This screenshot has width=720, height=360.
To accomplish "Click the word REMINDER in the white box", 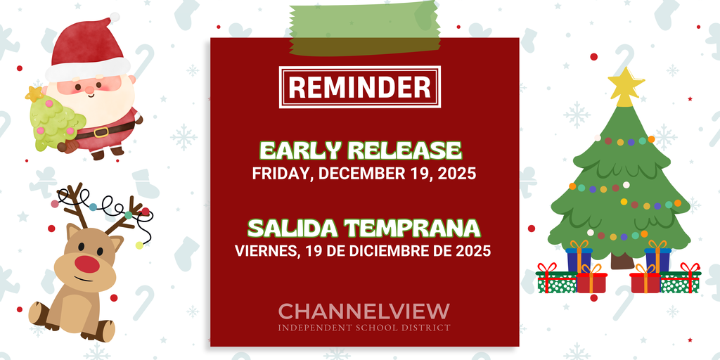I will (360, 87).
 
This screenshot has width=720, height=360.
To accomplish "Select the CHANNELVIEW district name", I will (364, 311).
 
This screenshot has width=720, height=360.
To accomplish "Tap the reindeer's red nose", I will (87, 264).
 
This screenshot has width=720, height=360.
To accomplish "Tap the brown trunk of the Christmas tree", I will (622, 260).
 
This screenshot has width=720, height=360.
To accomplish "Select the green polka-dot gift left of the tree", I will (556, 281).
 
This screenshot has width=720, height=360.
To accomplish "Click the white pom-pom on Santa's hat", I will (114, 17).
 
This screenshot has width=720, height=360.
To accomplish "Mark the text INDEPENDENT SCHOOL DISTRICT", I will (364, 328).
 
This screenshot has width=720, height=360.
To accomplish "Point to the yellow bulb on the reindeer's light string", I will (139, 245).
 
